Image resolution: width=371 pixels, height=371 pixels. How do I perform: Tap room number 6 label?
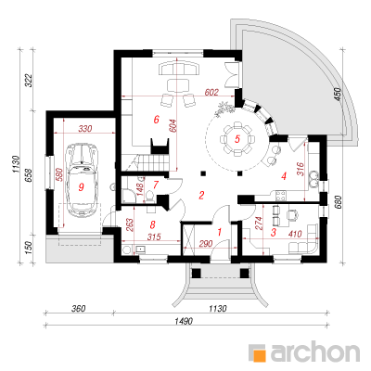click(156, 119)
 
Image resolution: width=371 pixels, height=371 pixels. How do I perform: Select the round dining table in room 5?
click(237, 139)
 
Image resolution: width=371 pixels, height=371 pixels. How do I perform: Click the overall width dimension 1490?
click(185, 321)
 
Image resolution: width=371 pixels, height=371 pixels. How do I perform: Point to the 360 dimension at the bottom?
click(78, 309)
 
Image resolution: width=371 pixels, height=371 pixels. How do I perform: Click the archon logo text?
click(315, 351)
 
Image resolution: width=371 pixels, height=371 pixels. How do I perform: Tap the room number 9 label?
click(81, 186)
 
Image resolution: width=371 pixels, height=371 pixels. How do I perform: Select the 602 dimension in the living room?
click(211, 92)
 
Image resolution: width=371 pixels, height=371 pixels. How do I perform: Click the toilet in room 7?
click(149, 196)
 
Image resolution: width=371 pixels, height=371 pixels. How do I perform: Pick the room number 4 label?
click(284, 176)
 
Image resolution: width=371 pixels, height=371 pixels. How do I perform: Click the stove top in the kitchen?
click(281, 196)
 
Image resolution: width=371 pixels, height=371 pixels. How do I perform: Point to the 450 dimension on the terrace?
click(337, 95)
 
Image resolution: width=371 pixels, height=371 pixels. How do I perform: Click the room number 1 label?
click(220, 232)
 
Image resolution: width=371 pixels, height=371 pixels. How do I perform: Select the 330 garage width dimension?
click(85, 128)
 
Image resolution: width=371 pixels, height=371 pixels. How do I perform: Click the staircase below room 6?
click(146, 162)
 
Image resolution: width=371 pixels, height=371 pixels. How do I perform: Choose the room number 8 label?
click(152, 224)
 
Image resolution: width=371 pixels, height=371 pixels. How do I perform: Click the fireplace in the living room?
click(160, 146)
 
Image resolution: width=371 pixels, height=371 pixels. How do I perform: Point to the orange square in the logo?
click(259, 354)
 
